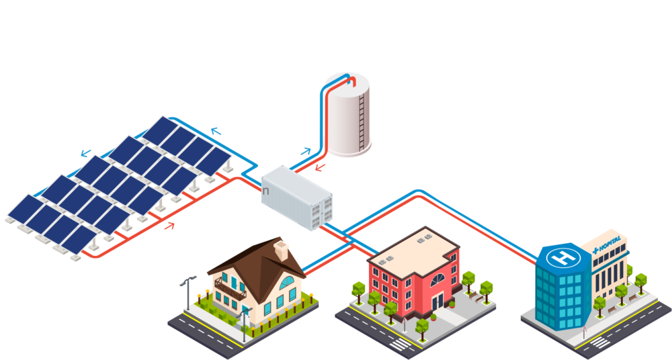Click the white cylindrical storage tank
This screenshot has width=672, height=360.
[x=347, y=115]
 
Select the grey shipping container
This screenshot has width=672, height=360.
[x=297, y=198]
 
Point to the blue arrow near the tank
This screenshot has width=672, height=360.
[x=306, y=151]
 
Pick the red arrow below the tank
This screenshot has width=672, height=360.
[x=320, y=167]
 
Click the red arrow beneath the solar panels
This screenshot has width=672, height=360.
[x=170, y=225]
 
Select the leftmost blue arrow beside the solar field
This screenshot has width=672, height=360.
[x=86, y=152]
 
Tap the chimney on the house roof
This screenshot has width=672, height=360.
[x=281, y=251]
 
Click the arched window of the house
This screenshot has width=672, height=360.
[x=286, y=283]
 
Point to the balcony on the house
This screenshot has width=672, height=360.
[x=230, y=288]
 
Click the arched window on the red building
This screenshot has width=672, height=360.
[x=437, y=280]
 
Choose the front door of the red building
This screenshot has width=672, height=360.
[x=437, y=302]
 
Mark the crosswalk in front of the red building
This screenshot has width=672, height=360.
[x=401, y=344]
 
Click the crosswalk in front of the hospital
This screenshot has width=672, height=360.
[x=599, y=342]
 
